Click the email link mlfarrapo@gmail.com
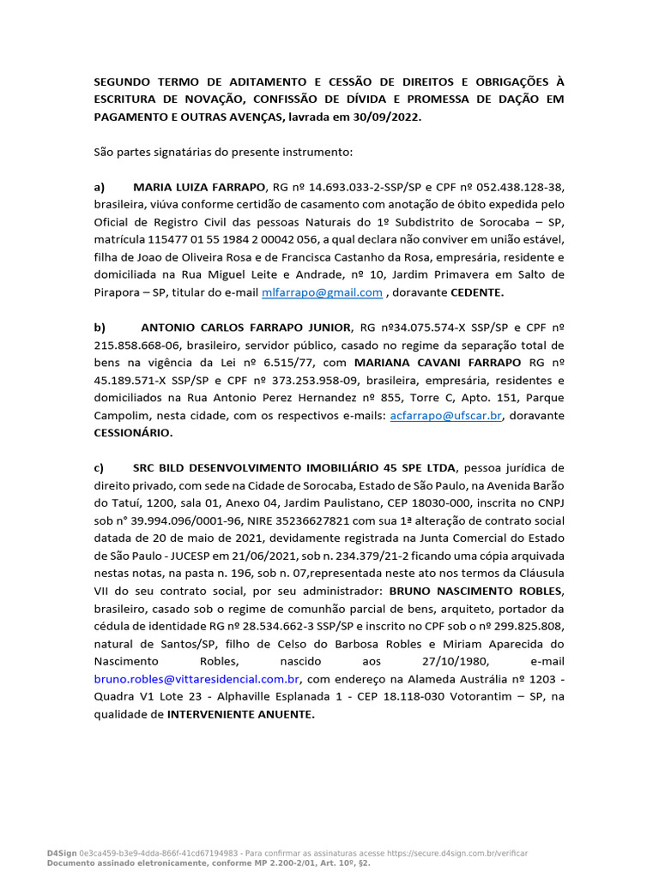[322, 292]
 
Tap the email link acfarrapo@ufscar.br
[445, 415]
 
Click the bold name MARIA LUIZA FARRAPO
[199, 186]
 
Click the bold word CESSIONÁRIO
[133, 433]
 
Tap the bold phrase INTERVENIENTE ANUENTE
[241, 714]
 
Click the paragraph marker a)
[99, 186]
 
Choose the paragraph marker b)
[100, 328]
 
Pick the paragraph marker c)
[99, 468]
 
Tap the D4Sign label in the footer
[61, 853]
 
